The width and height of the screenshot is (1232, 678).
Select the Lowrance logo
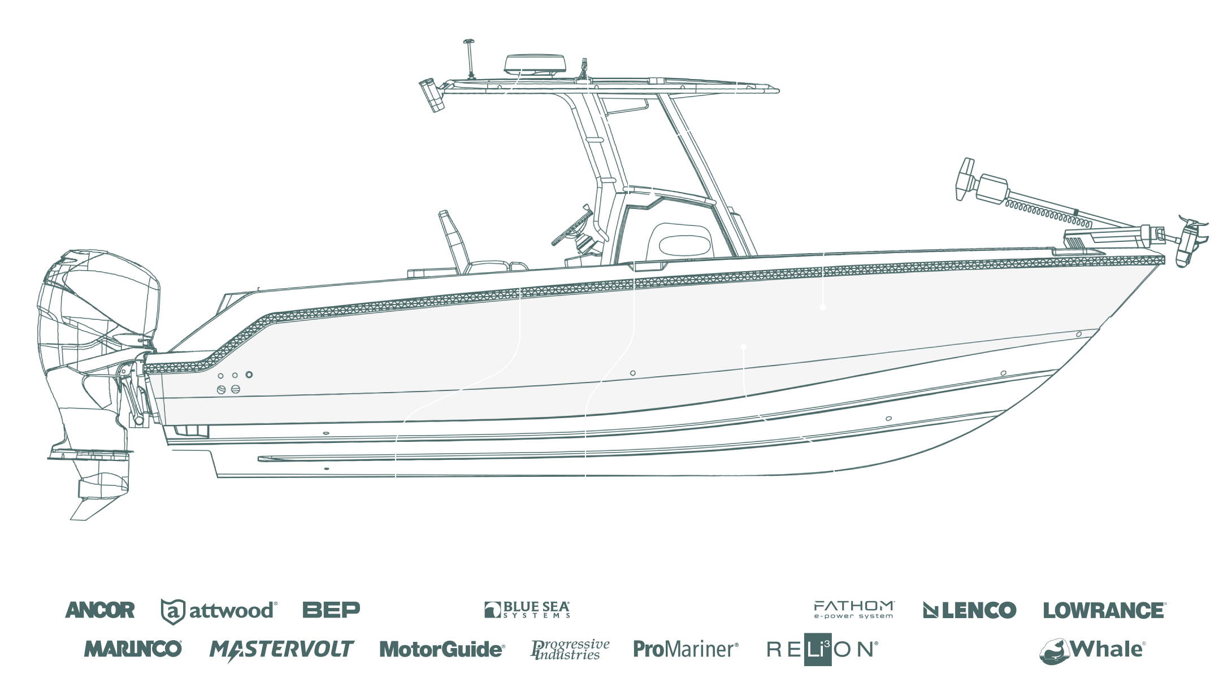[x=1104, y=610]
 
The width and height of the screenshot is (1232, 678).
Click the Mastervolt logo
[x=281, y=649]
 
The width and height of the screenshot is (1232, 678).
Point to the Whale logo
[x=1092, y=650]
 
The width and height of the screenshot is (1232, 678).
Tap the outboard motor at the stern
[x=96, y=339]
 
